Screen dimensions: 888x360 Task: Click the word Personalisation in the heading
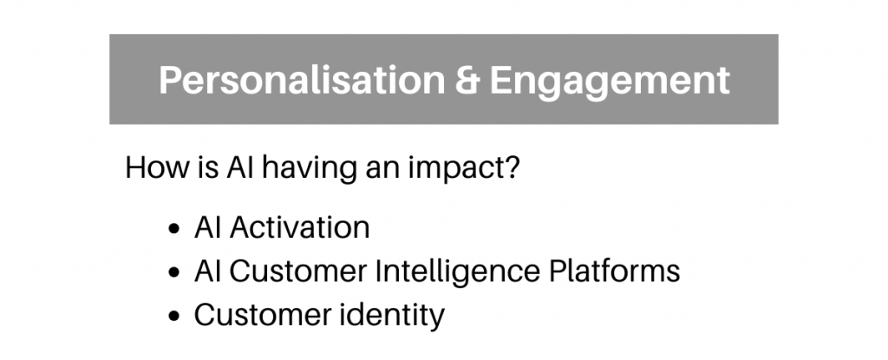point(302,80)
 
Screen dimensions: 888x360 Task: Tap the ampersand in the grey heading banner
point(467,80)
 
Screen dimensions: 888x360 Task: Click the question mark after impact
point(510,167)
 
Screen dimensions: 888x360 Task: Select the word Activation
point(299,227)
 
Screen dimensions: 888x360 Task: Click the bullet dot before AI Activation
point(174,229)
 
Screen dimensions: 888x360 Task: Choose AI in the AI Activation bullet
point(207,227)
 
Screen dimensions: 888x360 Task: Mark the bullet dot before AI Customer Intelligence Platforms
point(174,272)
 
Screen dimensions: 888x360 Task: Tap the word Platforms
point(615,271)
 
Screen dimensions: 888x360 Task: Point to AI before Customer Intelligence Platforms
point(207,271)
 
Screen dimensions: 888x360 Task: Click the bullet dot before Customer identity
point(174,316)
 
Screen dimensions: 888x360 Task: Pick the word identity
point(392,316)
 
